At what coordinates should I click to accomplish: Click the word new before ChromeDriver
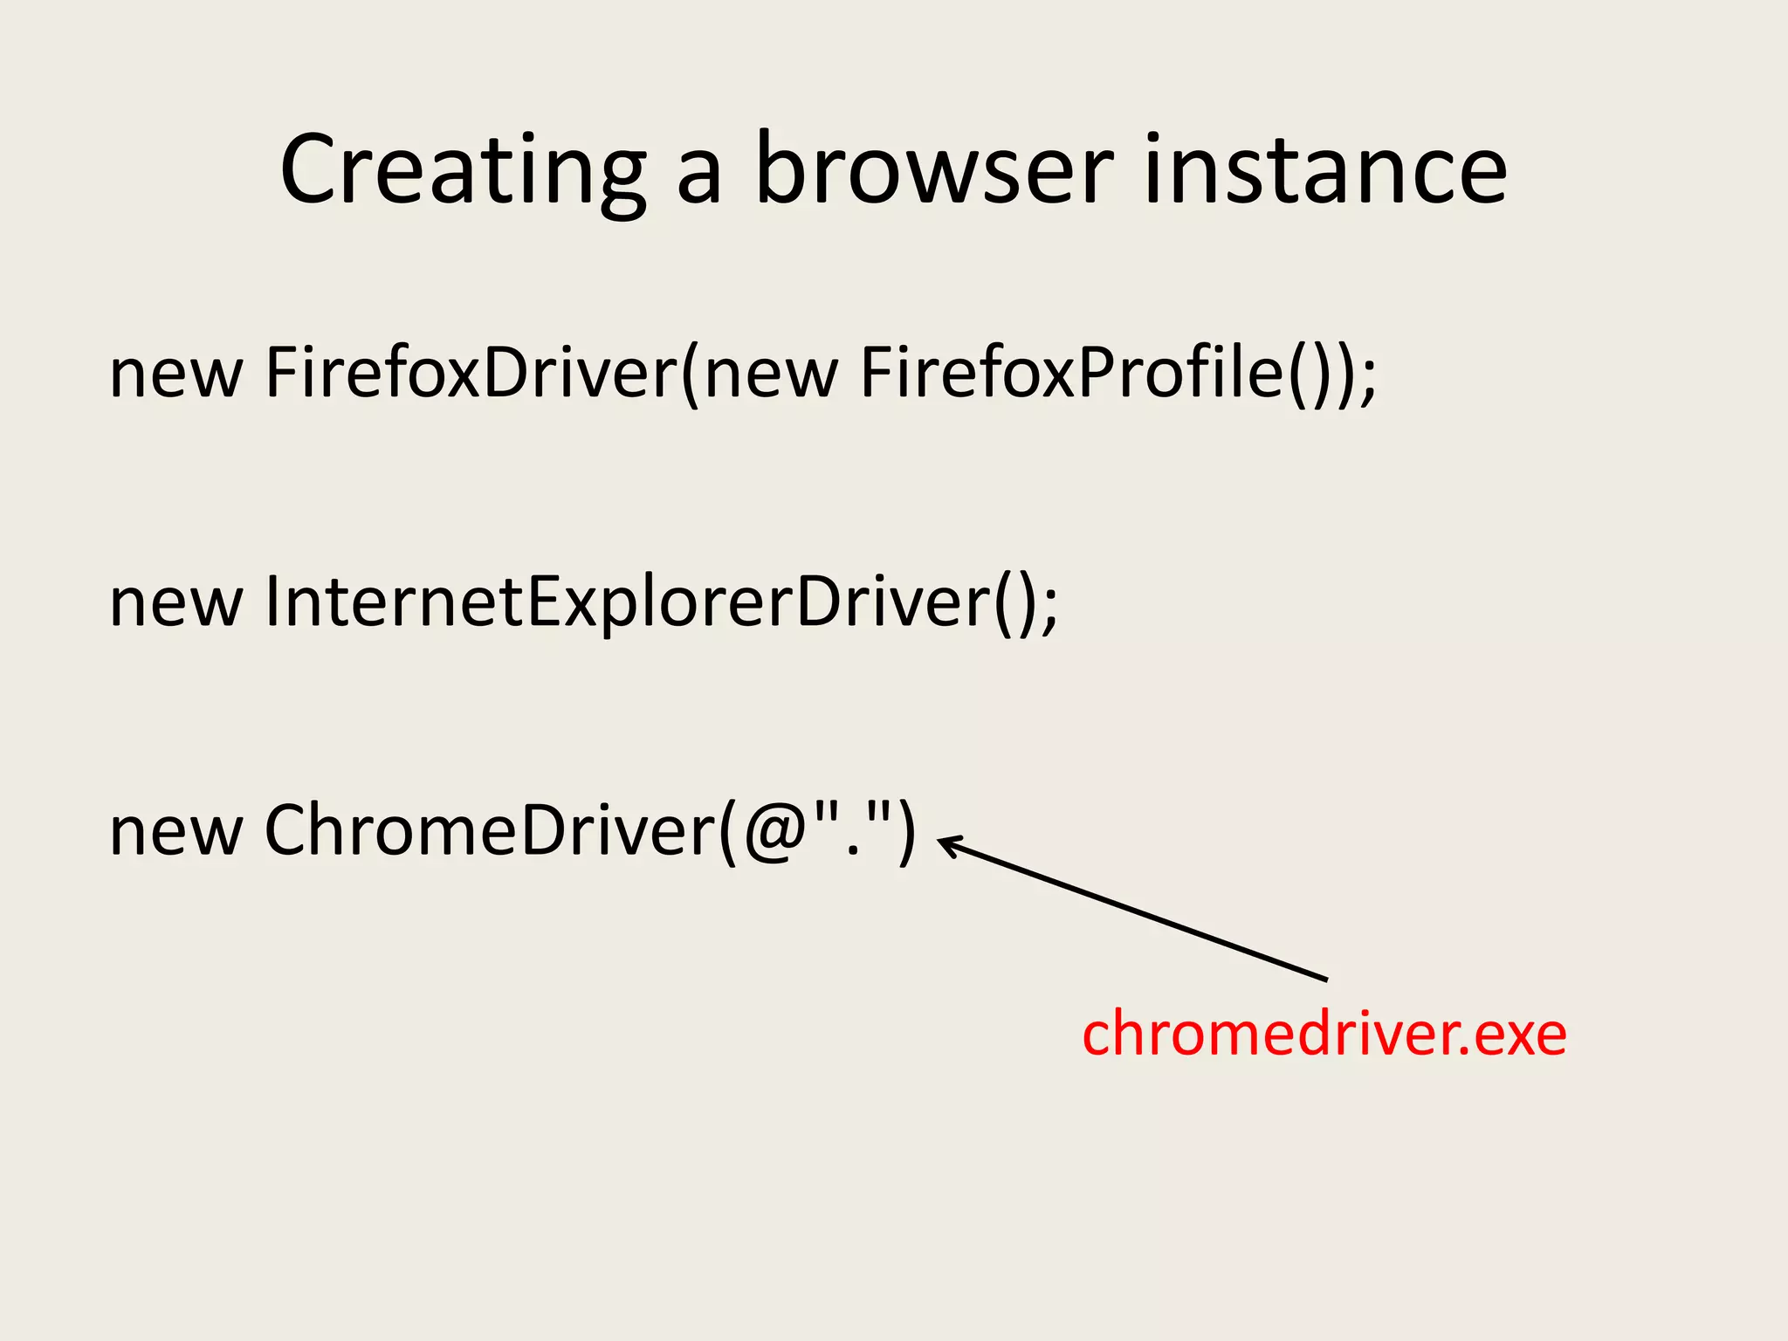pos(175,832)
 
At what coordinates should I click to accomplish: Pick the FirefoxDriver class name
pos(471,373)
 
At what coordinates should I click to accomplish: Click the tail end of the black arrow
pos(1324,979)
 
